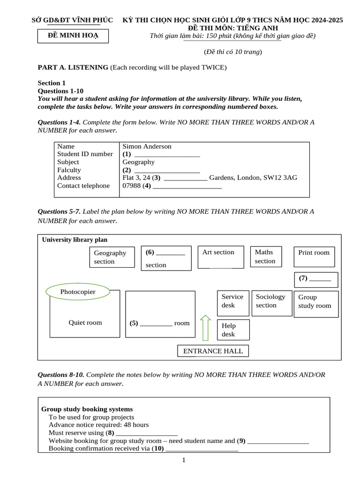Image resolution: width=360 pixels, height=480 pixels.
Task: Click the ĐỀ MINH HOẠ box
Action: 73,36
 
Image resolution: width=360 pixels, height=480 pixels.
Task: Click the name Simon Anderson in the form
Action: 147,146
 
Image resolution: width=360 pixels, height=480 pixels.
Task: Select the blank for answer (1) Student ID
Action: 167,154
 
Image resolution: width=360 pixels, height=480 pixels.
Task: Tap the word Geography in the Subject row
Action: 138,162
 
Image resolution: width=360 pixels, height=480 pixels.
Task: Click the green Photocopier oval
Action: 78,292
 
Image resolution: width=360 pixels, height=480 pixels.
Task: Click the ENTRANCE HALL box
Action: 213,351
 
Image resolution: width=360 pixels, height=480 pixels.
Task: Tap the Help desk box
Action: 233,330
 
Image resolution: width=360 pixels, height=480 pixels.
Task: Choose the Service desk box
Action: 233,301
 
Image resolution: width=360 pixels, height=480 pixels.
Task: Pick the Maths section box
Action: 265,256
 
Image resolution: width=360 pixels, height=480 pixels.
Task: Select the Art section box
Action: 221,257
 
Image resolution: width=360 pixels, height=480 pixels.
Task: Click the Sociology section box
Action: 271,301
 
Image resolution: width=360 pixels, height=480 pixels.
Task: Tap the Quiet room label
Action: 85,322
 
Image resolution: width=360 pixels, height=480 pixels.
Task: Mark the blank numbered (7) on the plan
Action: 320,278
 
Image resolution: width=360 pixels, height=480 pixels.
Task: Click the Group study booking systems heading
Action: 87,409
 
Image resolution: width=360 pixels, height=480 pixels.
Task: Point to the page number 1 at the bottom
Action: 184,460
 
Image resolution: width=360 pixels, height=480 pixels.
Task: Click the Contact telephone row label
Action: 83,186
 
